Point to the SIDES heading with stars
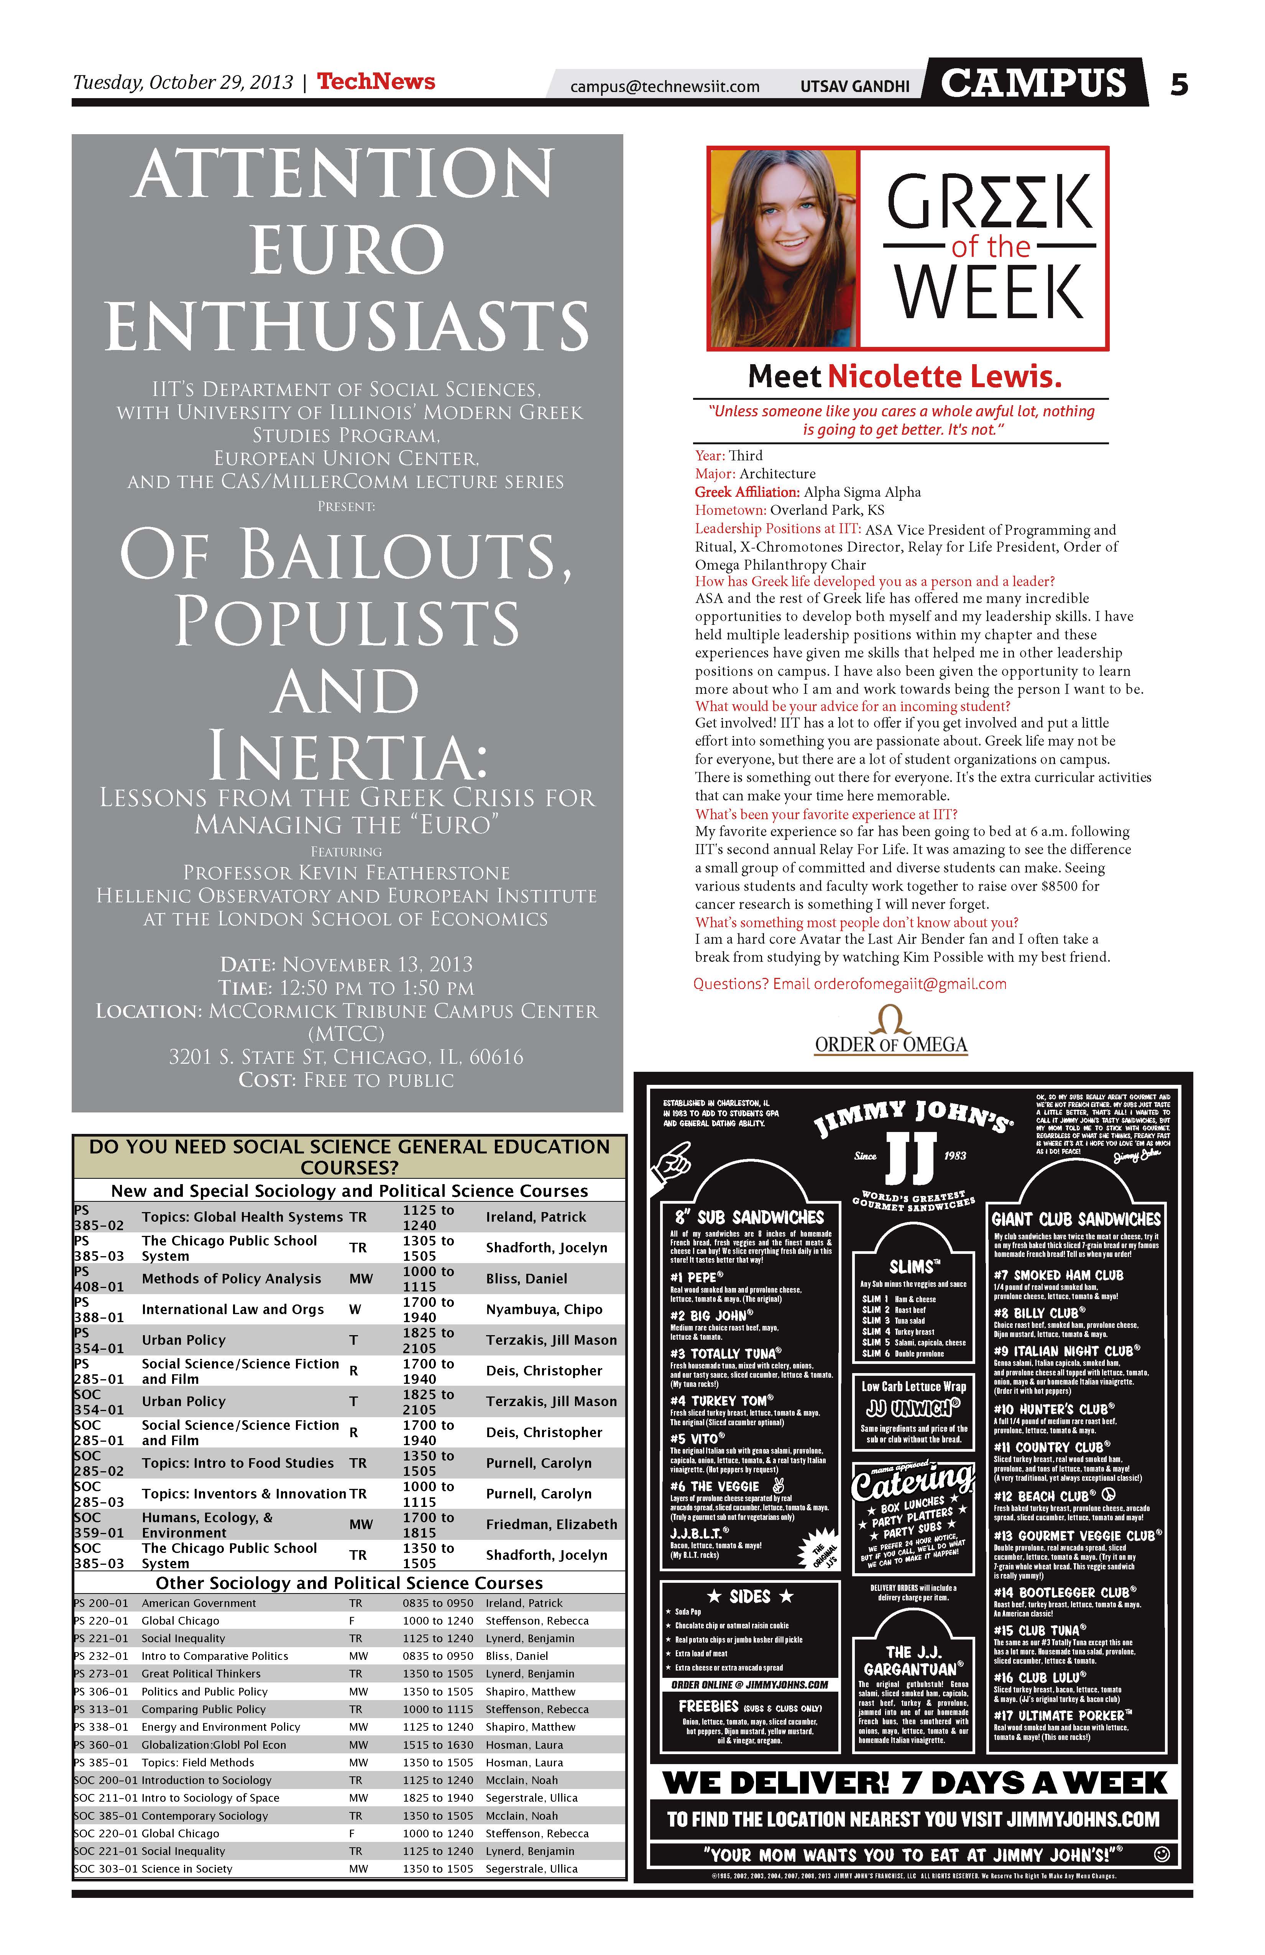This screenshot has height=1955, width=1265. (x=750, y=1597)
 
